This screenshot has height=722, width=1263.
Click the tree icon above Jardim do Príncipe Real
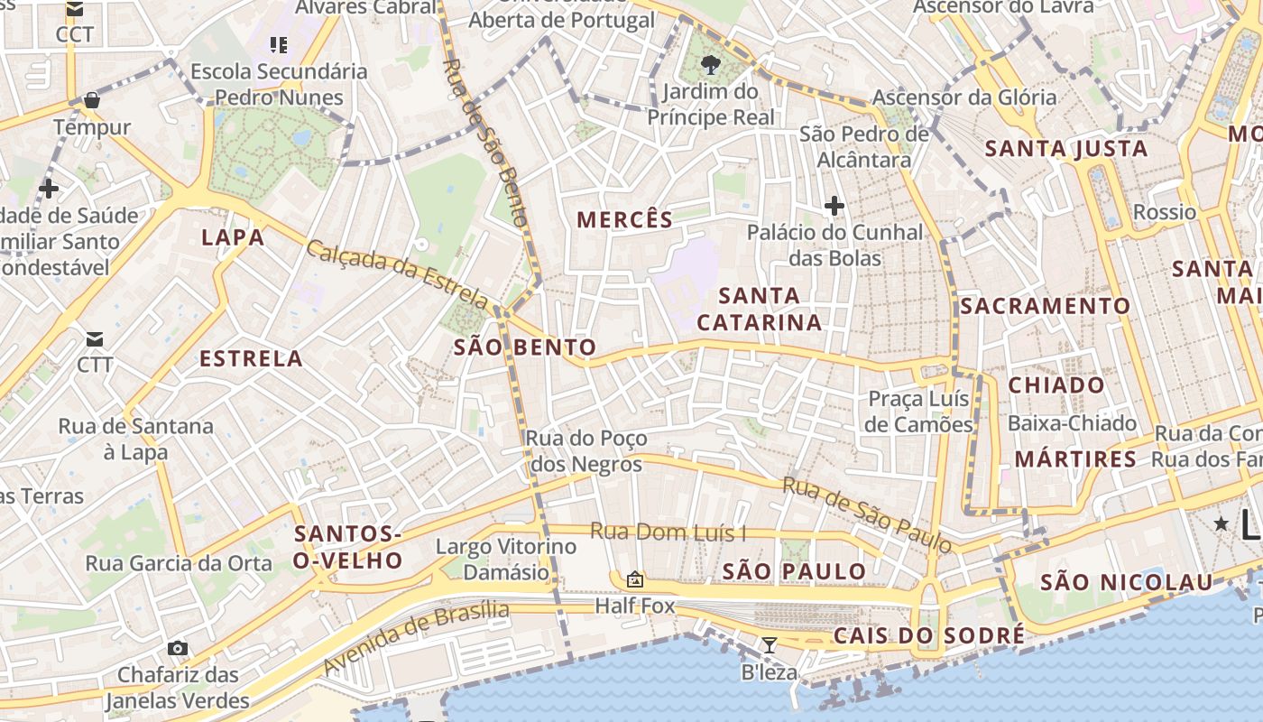pos(711,64)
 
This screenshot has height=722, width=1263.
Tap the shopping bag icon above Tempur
pos(91,100)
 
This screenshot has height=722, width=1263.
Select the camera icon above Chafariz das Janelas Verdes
pos(178,648)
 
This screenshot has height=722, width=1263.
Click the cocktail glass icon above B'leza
pos(769,644)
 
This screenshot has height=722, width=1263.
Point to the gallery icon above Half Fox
pos(635,579)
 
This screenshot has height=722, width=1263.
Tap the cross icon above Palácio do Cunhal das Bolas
pos(834,207)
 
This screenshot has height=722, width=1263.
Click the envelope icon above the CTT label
pos(95,339)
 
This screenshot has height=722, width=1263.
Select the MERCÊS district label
pos(625,219)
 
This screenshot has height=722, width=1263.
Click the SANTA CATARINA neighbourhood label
pos(760,309)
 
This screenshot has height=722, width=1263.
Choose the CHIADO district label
pos(1056,385)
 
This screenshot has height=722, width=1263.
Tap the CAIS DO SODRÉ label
pos(929,635)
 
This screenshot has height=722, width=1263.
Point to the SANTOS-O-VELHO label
pos(348,547)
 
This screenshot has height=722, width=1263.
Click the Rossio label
pos(1165,212)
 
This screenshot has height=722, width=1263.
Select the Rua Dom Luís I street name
pos(668,532)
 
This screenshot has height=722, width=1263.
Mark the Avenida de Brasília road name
pos(416,638)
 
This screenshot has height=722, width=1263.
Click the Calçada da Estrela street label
pos(398,274)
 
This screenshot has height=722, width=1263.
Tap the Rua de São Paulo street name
pos(867,514)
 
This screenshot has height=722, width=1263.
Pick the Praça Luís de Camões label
pos(918,412)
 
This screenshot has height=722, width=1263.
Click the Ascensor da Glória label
pos(964,97)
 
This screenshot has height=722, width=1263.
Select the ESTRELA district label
pos(251,358)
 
